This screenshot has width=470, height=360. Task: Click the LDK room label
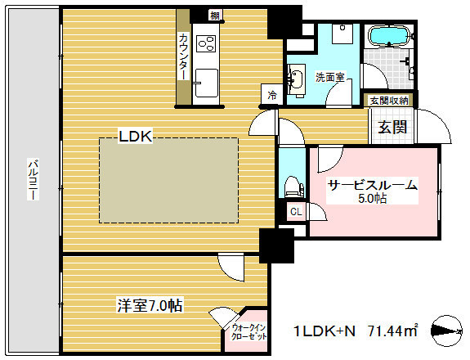pyautogui.click(x=136, y=137)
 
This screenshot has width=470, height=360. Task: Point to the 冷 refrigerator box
pyautogui.click(x=271, y=95)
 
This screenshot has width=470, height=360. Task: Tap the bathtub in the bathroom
pyautogui.click(x=388, y=36)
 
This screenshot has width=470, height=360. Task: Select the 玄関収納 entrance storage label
pyautogui.click(x=387, y=101)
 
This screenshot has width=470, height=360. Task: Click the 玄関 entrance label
pyautogui.click(x=392, y=126)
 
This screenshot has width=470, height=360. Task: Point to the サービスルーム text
pyautogui.click(x=372, y=185)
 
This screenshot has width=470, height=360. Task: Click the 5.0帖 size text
pyautogui.click(x=373, y=199)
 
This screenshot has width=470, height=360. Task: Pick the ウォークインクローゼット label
pyautogui.click(x=244, y=331)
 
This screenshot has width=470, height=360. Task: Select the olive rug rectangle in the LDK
pyautogui.click(x=168, y=180)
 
